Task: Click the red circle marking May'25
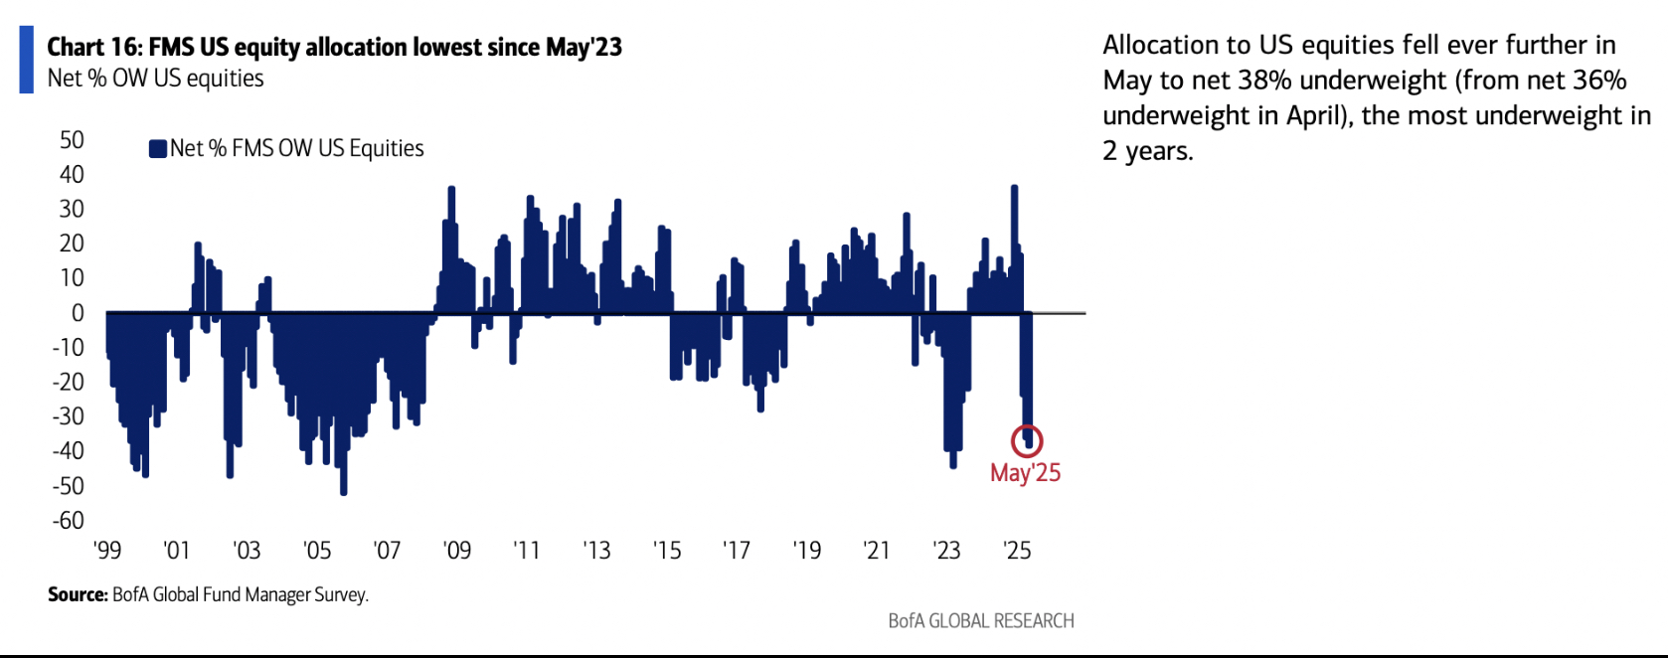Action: pyautogui.click(x=1027, y=440)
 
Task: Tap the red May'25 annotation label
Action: pyautogui.click(x=1025, y=473)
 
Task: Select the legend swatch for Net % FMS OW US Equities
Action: pyautogui.click(x=157, y=149)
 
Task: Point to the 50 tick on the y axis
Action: pyautogui.click(x=72, y=140)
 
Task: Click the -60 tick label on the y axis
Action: pyautogui.click(x=69, y=520)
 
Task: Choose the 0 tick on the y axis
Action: pyautogui.click(x=78, y=313)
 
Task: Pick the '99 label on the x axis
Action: pyautogui.click(x=106, y=551)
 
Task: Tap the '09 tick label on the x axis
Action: pyautogui.click(x=456, y=551)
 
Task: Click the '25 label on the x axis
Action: pyautogui.click(x=1017, y=551)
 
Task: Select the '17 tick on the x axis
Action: pyautogui.click(x=737, y=551)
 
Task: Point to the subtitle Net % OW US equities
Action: pyautogui.click(x=156, y=79)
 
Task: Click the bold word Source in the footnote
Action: pyautogui.click(x=77, y=594)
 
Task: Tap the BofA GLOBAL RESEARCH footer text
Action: pyautogui.click(x=981, y=621)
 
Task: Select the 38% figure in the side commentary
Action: pyautogui.click(x=1264, y=81)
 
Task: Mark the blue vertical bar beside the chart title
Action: pyautogui.click(x=27, y=60)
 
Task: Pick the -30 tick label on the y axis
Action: pyautogui.click(x=69, y=416)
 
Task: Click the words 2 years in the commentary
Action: pyautogui.click(x=1146, y=151)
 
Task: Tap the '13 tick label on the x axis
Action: pyautogui.click(x=596, y=551)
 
